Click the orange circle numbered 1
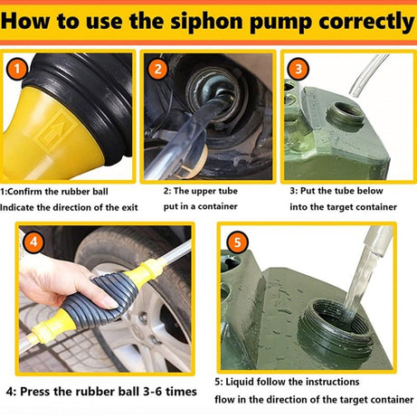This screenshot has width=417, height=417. pyautogui.click(x=15, y=67)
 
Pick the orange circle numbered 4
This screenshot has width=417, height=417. pyautogui.click(x=34, y=243)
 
